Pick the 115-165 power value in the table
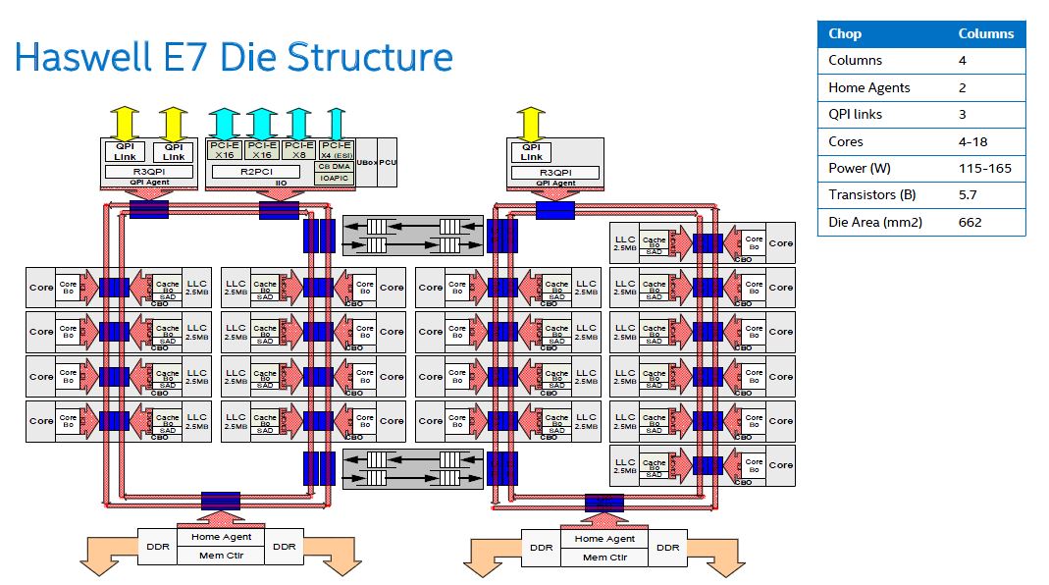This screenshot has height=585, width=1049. click(980, 168)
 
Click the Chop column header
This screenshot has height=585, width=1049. click(845, 33)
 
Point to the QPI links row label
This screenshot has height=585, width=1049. click(855, 114)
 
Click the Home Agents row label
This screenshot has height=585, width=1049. click(868, 87)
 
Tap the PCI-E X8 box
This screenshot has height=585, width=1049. click(298, 150)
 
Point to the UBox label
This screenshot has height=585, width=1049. click(366, 163)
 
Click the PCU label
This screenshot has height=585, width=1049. click(388, 163)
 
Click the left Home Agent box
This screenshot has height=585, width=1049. click(221, 538)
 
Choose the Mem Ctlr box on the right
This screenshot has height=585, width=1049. click(603, 558)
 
